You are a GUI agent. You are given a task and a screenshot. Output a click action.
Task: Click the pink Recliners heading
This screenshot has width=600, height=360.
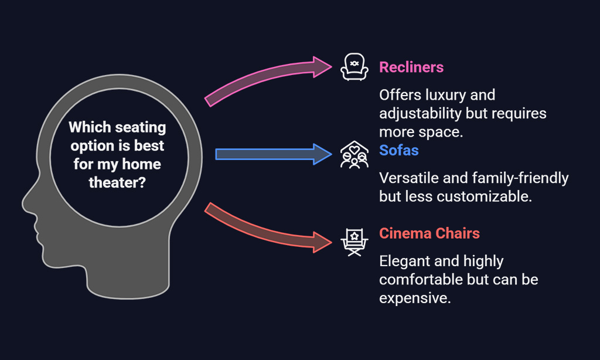click(411, 67)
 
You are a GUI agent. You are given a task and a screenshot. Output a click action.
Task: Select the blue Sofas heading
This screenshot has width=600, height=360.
click(398, 151)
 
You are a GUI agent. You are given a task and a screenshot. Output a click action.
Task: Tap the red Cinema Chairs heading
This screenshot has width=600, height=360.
click(429, 233)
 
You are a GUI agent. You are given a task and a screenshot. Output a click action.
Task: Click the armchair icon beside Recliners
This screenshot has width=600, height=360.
click(354, 67)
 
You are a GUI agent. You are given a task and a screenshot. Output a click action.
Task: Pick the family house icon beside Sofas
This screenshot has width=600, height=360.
click(354, 154)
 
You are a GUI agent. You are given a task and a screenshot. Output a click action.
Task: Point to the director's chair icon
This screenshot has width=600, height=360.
click(354, 242)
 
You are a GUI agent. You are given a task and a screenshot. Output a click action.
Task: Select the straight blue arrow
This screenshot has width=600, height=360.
click(274, 154)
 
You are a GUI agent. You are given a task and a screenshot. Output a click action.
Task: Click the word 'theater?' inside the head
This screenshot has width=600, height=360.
click(117, 183)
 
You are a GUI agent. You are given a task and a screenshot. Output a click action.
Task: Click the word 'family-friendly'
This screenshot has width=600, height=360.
click(520, 178)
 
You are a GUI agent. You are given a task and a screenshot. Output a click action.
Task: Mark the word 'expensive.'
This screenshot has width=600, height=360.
click(415, 298)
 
